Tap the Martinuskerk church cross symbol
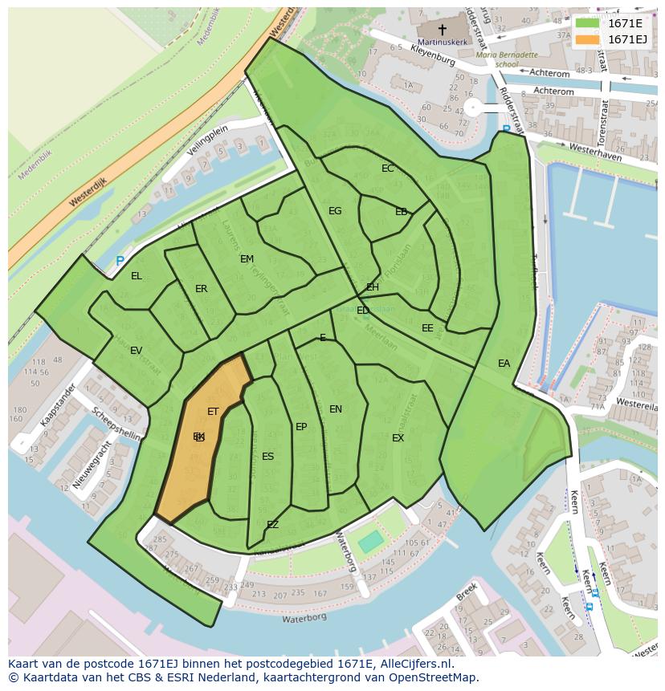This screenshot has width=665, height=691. click(x=442, y=29)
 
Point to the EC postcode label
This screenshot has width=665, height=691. click(x=388, y=169)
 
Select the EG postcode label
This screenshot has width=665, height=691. click(x=335, y=211)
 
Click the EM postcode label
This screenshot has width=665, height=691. click(x=247, y=259)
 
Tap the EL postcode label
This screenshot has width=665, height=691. click(x=137, y=276)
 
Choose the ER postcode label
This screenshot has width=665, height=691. click(x=201, y=289)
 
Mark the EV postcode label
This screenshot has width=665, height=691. click(x=136, y=351)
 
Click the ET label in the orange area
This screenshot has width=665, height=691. click(x=213, y=412)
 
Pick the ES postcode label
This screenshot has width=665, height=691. click(x=267, y=457)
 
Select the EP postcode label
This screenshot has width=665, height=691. click(x=301, y=427)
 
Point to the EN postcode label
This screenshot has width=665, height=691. click(x=336, y=409)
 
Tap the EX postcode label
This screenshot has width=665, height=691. click(x=398, y=438)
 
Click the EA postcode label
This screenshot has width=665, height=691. click(x=504, y=364)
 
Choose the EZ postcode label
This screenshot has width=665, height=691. click(x=272, y=525)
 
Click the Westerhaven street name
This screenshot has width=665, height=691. click(x=595, y=152)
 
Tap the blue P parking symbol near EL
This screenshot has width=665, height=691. click(x=120, y=262)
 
